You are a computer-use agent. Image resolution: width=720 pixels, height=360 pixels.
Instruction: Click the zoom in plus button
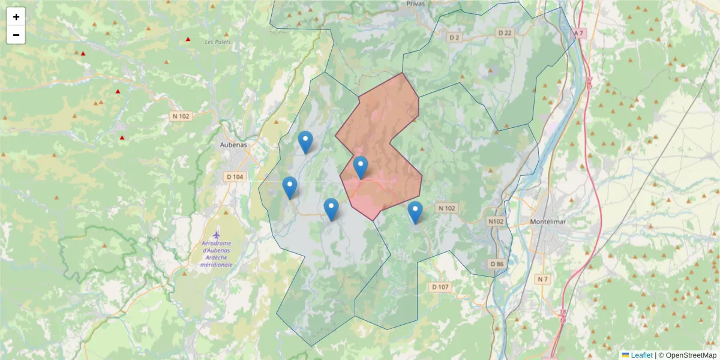(x=16, y=17)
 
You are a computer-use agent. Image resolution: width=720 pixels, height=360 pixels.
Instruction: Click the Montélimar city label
(x=549, y=221)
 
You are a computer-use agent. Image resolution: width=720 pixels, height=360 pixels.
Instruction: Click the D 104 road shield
(x=235, y=177)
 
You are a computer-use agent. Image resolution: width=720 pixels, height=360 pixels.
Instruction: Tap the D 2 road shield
(x=454, y=38)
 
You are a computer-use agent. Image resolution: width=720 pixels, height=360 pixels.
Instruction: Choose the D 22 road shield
(x=505, y=33)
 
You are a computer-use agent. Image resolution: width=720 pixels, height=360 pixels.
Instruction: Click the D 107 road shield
(x=440, y=287)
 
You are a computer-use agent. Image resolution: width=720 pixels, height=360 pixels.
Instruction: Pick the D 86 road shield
(x=496, y=264)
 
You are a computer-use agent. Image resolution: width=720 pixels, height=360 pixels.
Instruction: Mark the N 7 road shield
(x=543, y=280)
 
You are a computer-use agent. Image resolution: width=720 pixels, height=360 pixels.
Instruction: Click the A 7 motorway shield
(x=578, y=33)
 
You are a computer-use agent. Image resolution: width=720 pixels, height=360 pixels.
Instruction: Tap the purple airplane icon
(x=217, y=235)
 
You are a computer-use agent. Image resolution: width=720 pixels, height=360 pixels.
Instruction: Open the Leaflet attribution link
(x=641, y=355)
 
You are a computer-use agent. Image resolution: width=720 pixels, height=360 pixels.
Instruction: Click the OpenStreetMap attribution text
(x=688, y=355)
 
